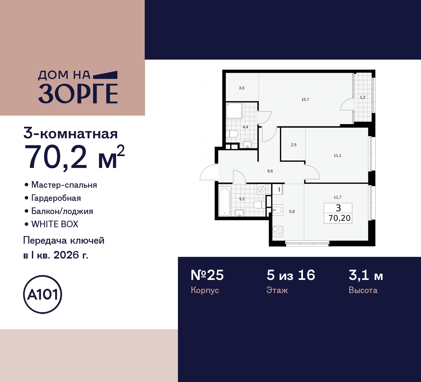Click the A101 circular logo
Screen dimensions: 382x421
(x=42, y=294)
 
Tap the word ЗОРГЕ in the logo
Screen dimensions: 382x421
(x=78, y=94)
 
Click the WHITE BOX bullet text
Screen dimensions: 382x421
(x=55, y=224)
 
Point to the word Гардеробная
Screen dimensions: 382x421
(x=56, y=198)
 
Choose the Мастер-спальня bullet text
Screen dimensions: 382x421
(x=64, y=185)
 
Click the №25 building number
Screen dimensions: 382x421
(x=207, y=275)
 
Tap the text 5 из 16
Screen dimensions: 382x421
(x=291, y=275)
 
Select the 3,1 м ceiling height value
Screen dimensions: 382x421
(x=366, y=275)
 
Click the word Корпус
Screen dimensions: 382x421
(x=205, y=290)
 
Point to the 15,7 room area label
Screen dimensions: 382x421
(x=305, y=99)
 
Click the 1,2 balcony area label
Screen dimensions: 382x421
(x=362, y=97)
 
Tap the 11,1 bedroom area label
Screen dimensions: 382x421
(x=337, y=155)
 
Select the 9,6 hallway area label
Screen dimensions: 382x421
(x=270, y=171)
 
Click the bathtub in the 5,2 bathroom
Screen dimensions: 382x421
(x=225, y=202)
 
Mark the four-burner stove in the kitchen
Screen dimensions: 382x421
(x=278, y=231)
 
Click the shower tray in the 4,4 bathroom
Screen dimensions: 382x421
(x=235, y=111)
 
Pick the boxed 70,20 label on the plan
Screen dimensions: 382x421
(x=339, y=218)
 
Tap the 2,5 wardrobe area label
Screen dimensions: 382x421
(x=294, y=145)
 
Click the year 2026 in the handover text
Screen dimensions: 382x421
(x=66, y=255)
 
